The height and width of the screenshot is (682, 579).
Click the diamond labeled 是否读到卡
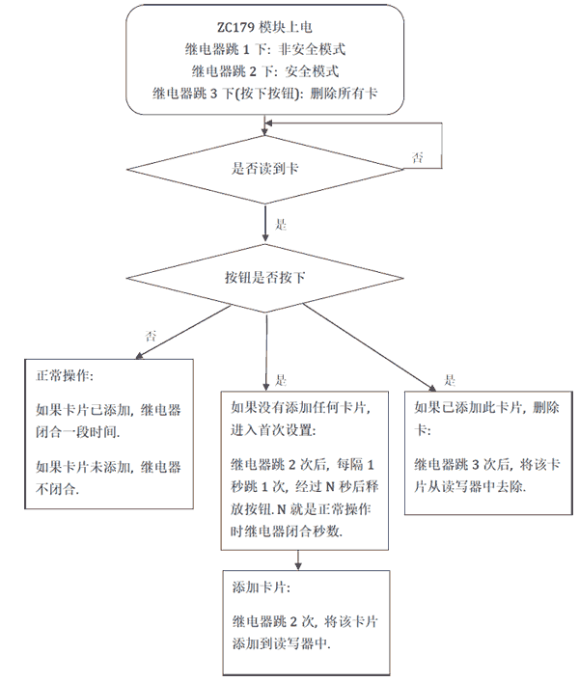[x=265, y=166]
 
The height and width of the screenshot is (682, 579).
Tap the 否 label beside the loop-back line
[x=417, y=157]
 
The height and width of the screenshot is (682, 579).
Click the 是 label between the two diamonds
[x=281, y=225]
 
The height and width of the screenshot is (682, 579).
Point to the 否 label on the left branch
[x=151, y=336]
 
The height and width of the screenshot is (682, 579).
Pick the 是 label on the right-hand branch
[x=449, y=379]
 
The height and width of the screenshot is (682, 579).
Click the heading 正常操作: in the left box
[x=65, y=375]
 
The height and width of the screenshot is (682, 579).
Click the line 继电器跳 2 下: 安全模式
[x=262, y=71]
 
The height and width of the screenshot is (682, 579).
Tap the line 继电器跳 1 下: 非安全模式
[x=262, y=48]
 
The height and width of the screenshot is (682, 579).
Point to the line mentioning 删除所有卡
[x=262, y=95]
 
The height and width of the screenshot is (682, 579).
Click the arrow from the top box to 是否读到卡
[x=265, y=125]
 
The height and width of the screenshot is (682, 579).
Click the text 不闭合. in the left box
[x=57, y=490]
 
